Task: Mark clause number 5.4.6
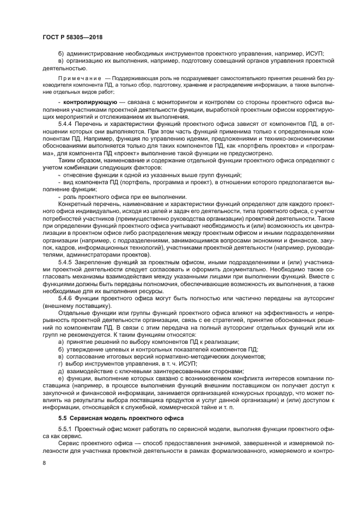57,297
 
